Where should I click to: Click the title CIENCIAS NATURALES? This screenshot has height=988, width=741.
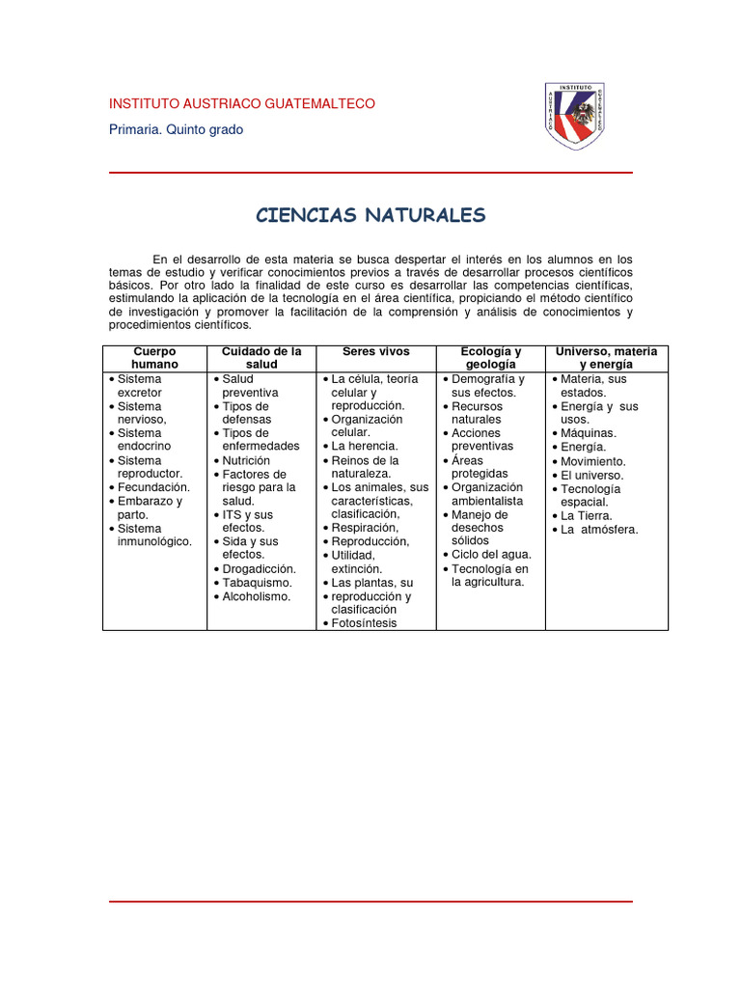click(x=370, y=215)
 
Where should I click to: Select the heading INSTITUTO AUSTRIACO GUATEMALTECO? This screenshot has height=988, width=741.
click(x=242, y=103)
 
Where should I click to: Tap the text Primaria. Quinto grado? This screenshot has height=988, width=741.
click(x=176, y=130)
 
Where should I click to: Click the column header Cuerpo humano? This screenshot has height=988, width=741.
click(x=154, y=358)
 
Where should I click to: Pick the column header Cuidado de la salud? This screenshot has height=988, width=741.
click(x=261, y=358)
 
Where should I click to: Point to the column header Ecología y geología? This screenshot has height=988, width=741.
click(x=490, y=358)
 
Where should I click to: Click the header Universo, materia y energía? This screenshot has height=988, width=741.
click(x=606, y=358)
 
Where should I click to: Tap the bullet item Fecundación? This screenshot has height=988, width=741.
click(x=153, y=488)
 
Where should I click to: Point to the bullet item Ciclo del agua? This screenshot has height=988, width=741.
click(x=488, y=555)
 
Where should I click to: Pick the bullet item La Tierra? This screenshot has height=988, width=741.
click(x=586, y=516)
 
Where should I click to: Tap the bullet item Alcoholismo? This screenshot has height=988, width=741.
click(x=257, y=597)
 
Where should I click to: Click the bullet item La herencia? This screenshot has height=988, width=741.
click(x=365, y=448)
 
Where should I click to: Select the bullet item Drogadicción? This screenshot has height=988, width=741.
click(x=259, y=569)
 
